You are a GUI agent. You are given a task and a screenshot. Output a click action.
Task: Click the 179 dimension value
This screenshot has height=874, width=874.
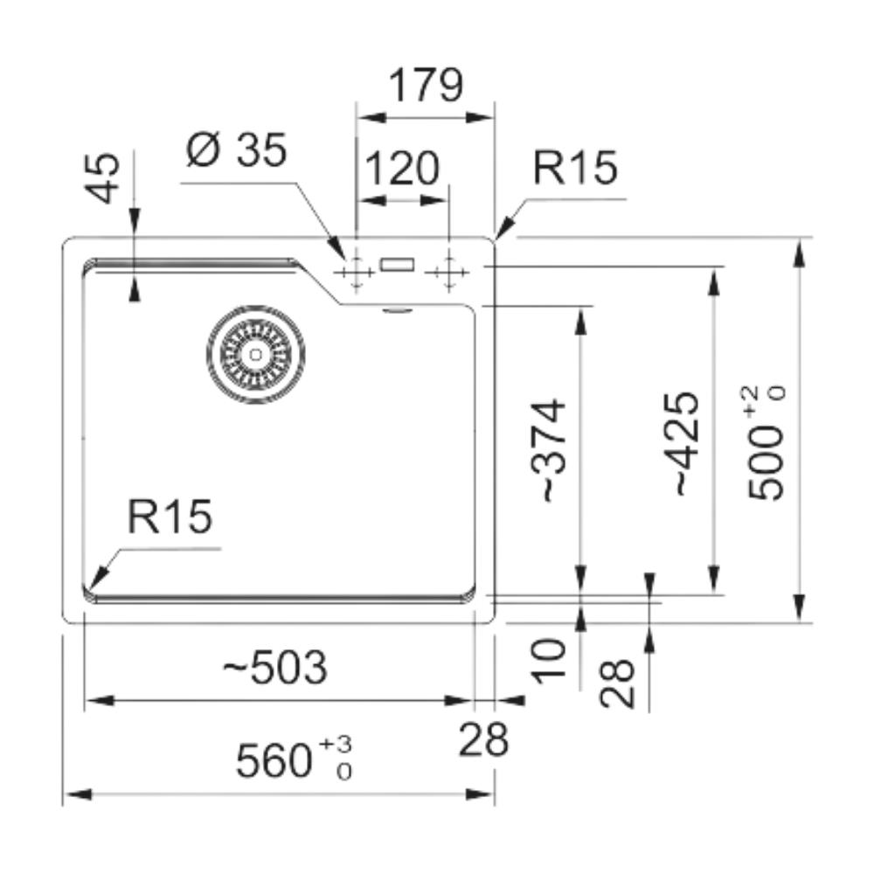[x=425, y=86]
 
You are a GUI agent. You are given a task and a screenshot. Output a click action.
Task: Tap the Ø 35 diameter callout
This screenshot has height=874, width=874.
[x=236, y=151]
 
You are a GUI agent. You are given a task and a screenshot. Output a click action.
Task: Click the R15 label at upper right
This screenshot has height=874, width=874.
[x=575, y=168]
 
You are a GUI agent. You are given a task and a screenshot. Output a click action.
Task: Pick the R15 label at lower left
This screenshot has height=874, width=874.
[x=170, y=517]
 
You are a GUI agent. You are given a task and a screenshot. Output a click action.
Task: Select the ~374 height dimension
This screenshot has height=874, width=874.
[x=552, y=451]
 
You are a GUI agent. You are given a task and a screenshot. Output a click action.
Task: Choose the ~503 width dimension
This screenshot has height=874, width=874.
[x=274, y=669]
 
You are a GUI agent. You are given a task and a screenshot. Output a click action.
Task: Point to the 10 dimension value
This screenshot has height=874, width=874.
[x=552, y=661]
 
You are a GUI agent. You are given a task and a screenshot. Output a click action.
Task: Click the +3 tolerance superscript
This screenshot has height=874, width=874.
[x=336, y=744]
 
